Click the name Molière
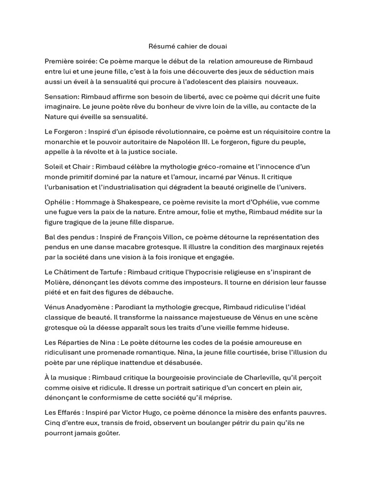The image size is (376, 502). click(x=58, y=283)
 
